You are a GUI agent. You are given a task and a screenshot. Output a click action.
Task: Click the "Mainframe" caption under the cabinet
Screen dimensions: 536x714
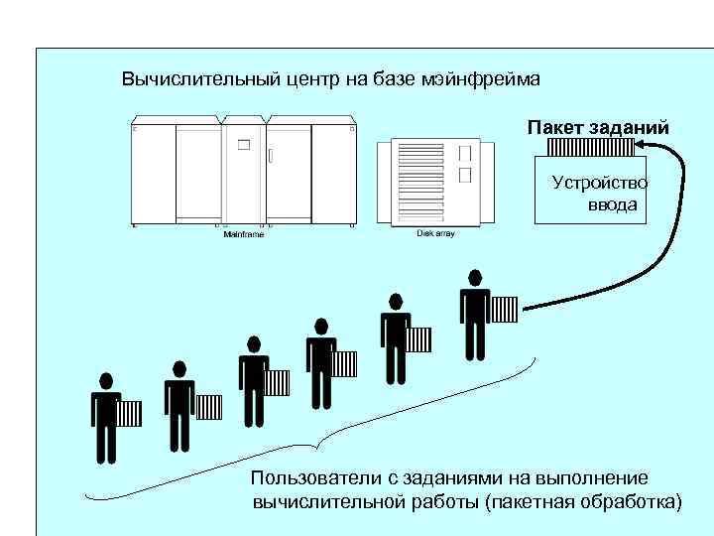(x=243, y=234)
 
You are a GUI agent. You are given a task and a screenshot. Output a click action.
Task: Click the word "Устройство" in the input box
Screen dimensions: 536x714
(x=599, y=182)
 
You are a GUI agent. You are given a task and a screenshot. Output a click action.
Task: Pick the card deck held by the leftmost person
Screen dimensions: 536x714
(x=130, y=413)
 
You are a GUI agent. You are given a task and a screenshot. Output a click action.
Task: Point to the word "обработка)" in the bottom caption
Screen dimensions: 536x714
(x=636, y=501)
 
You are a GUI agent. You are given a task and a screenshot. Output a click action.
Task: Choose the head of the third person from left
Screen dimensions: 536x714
(x=254, y=343)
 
